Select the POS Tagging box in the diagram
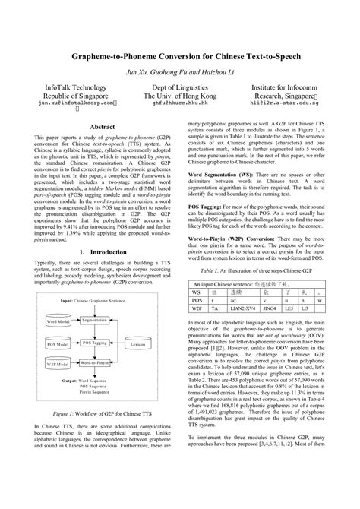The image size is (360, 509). click(x=94, y=343)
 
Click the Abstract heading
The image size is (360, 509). click(x=103, y=127)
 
